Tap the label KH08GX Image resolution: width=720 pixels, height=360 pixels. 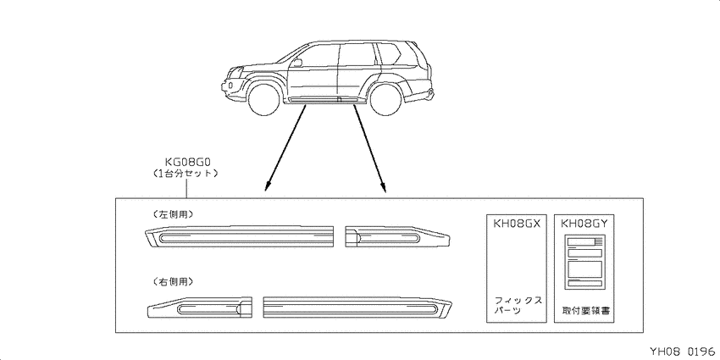coord(517,224)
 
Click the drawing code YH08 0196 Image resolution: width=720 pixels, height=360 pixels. coord(682,352)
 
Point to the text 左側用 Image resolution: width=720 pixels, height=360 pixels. coord(172,214)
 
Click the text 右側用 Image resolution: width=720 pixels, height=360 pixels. coord(172,281)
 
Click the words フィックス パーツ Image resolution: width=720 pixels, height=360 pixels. coord(517,305)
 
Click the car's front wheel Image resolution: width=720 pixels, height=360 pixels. coord(264,99)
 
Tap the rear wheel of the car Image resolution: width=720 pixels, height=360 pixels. coord(385,99)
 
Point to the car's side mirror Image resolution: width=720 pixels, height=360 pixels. coord(297,63)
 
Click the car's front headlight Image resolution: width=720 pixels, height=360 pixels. coord(236,73)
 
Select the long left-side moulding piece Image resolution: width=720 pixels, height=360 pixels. coord(238,236)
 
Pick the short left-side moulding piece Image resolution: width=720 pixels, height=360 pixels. coord(397,236)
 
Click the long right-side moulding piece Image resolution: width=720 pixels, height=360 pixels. coord(357,307)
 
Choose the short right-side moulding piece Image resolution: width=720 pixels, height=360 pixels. coord(200,307)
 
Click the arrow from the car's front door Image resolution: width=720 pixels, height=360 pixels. coord(285,147)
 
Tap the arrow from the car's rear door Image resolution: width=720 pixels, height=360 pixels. coord(369,148)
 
